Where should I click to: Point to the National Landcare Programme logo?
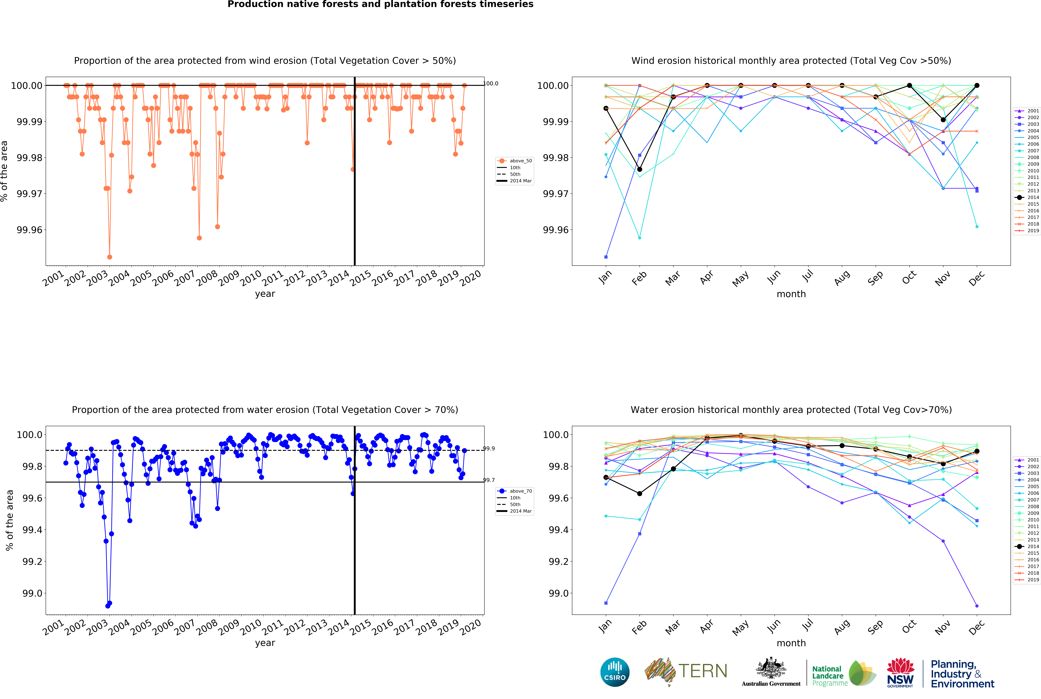pyautogui.click(x=843, y=673)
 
